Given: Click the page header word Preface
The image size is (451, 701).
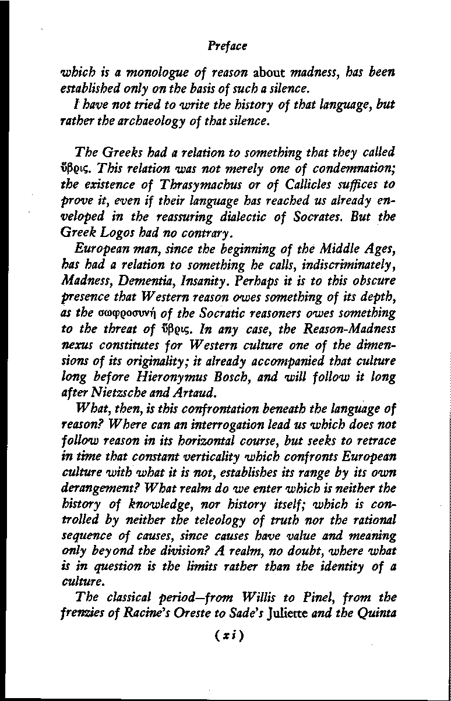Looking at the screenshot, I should tap(227, 44).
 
